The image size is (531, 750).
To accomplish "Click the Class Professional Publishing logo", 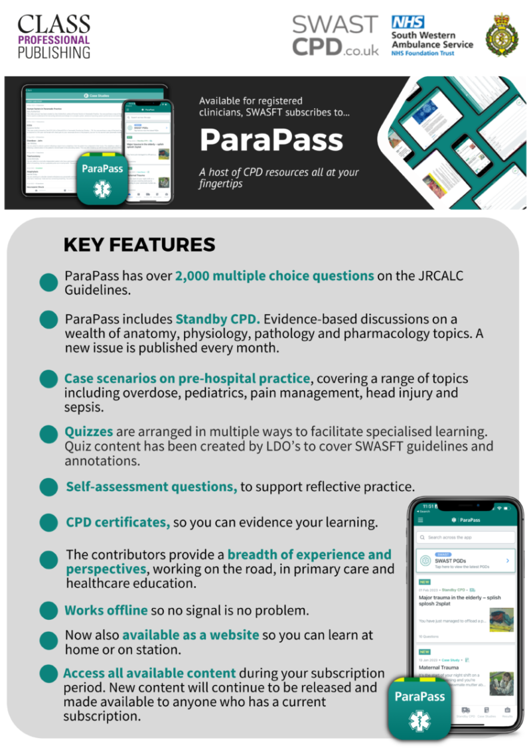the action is tap(54, 37).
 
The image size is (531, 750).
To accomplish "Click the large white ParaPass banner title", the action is tap(271, 139).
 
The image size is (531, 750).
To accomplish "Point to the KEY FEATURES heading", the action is tap(139, 244).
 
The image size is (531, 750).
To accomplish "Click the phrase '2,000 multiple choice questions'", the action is tap(275, 276).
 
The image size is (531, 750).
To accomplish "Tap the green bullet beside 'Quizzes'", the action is tap(48, 435).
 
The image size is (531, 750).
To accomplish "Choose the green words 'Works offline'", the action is tap(106, 610).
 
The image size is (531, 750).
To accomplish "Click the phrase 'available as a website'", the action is tap(190, 635).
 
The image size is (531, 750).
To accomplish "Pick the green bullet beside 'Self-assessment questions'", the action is tap(48, 487).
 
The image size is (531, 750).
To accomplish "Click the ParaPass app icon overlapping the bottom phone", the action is tap(419, 707).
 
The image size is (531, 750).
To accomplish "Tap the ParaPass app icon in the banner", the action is tap(102, 178).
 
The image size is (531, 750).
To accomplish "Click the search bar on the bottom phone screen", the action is tap(465, 537).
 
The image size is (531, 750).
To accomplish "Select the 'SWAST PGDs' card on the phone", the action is tap(465, 561).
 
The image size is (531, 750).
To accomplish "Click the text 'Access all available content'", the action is tap(150, 673).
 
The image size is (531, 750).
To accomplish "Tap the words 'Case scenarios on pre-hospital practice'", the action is tap(187, 378).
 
